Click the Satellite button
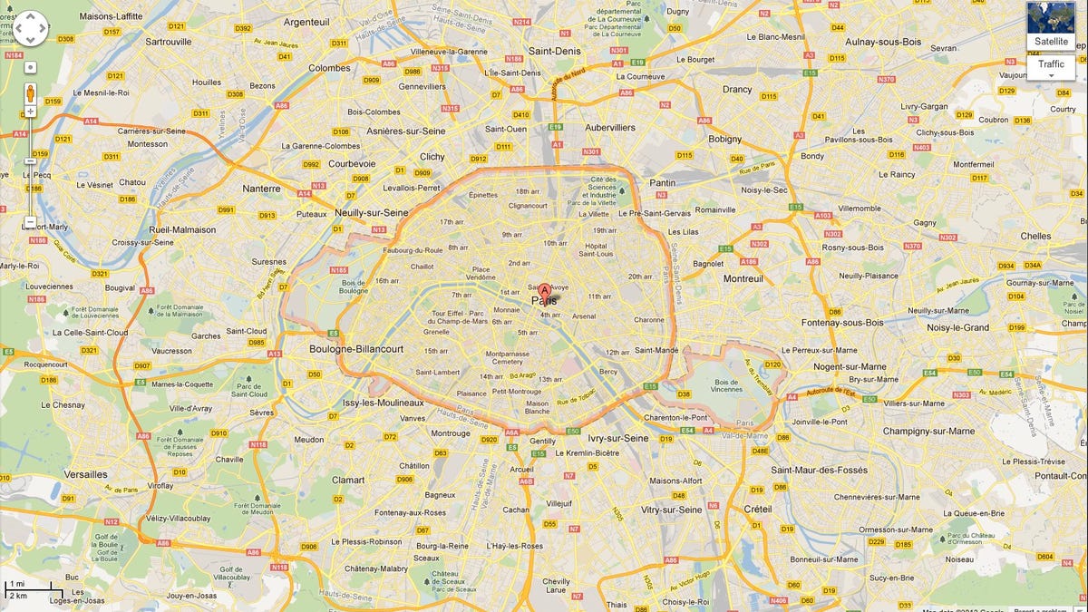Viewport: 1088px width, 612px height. coord(1051,41)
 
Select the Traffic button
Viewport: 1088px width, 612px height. coord(1051,64)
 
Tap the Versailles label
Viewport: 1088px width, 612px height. coord(85,474)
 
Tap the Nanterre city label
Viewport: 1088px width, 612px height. coord(261,189)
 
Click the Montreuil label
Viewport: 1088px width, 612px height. coord(743,279)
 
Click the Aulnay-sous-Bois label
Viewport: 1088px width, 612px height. coord(882,42)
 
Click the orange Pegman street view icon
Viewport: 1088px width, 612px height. coord(31,92)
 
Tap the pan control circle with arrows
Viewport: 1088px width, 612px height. coord(30,28)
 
